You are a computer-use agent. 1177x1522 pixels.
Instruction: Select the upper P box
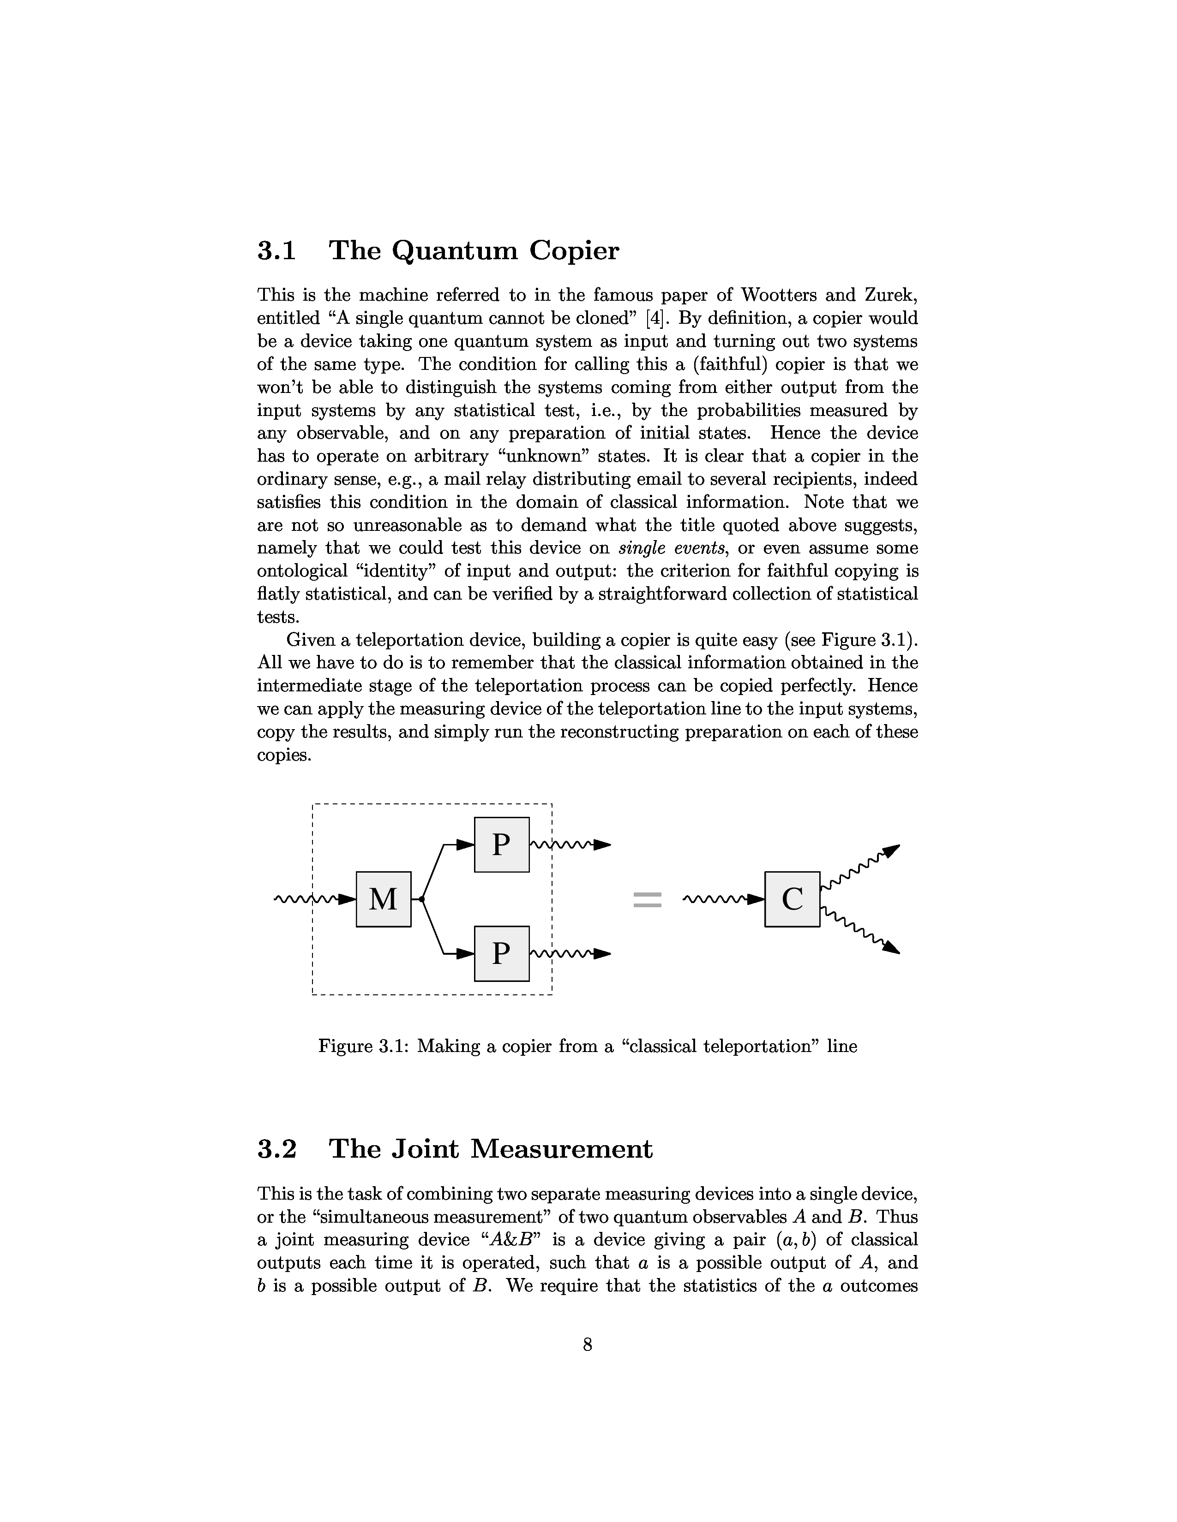click(501, 844)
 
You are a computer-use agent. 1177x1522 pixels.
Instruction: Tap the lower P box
click(501, 953)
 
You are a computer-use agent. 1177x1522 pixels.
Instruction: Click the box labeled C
click(792, 899)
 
